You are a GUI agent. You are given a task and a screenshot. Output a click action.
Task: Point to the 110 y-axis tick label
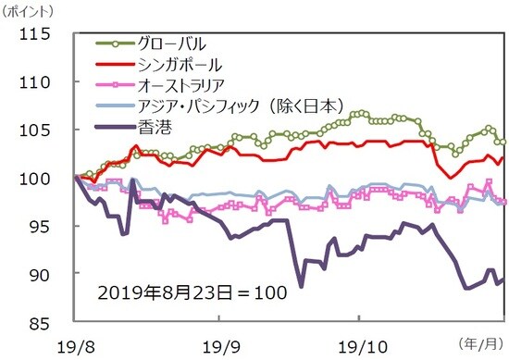[43, 82]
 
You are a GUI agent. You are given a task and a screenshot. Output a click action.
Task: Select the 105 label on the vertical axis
[43, 130]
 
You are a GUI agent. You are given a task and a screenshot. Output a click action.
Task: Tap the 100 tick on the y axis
[43, 179]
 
